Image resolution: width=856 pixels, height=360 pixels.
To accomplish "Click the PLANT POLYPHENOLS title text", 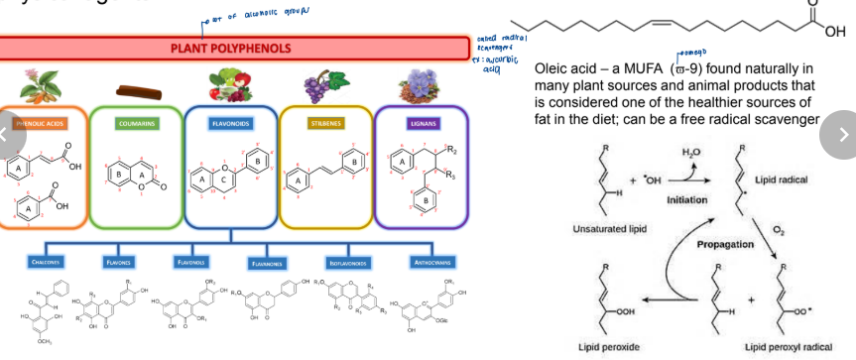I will coord(229,47).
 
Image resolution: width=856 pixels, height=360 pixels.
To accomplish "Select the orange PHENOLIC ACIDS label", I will coord(40,124).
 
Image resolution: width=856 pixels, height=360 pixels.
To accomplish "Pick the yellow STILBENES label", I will coord(324,124).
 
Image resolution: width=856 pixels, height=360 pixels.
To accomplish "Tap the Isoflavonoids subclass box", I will coord(347,263).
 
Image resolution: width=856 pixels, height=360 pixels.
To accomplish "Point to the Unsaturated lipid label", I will coord(604,228).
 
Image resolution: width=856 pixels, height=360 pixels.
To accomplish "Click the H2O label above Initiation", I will coord(691,151).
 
